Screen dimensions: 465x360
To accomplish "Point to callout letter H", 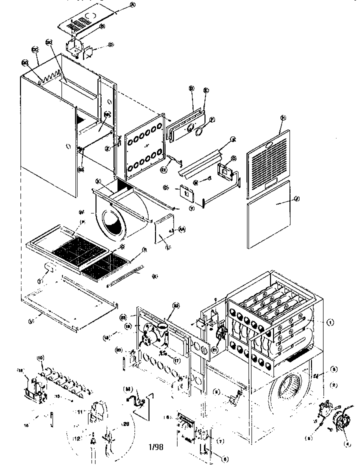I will [x=282, y=117].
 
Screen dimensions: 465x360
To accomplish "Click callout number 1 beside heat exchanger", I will [x=329, y=320].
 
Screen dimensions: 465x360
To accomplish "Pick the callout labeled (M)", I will [x=128, y=388].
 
